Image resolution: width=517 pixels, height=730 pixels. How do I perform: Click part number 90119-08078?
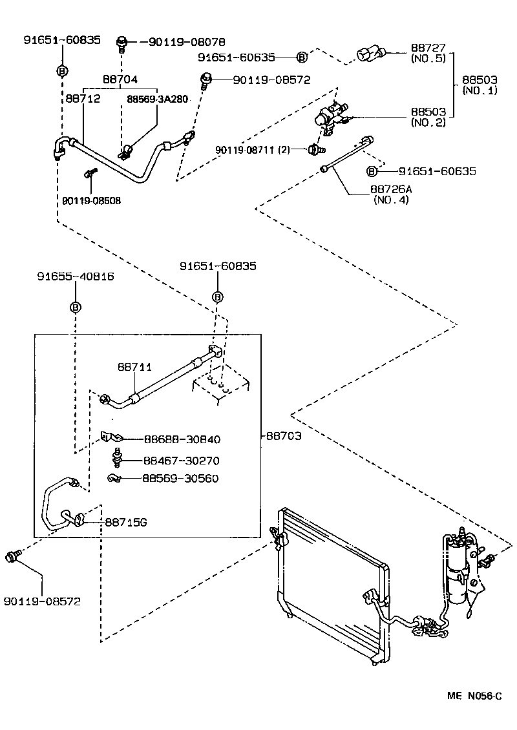coord(187,41)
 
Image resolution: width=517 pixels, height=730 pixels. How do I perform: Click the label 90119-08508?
coord(91,201)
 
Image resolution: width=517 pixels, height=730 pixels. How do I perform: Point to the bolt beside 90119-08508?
coord(89,173)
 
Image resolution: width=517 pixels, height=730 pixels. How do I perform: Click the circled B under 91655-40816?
coord(75,307)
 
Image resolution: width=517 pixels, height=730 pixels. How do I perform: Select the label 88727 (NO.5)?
coord(428,53)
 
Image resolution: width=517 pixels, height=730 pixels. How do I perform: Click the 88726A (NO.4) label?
coord(390,194)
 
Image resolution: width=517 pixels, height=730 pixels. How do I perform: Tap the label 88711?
coord(134,367)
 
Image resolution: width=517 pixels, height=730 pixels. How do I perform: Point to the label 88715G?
coord(126,521)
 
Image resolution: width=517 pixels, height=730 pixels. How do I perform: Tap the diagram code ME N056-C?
coord(475,696)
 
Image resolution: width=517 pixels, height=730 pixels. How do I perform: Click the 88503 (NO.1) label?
coord(480,85)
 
